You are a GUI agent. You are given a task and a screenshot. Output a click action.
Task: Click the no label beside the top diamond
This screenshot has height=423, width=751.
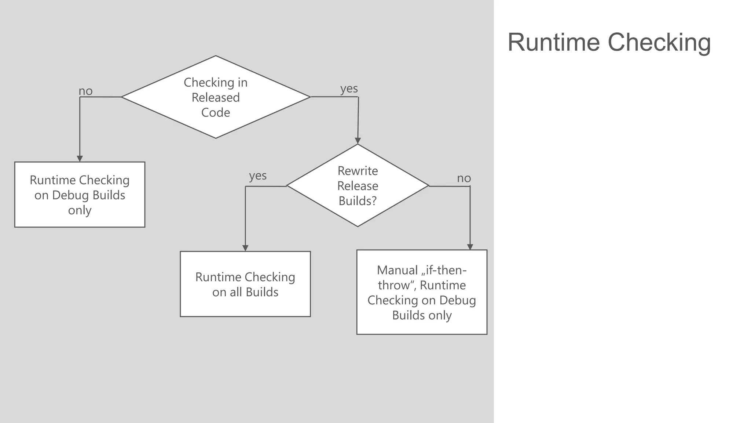[x=86, y=91]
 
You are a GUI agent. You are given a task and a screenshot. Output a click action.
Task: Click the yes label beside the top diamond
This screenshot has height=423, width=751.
[x=349, y=88]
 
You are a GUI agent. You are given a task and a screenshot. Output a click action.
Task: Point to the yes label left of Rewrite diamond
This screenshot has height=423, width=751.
[x=258, y=176]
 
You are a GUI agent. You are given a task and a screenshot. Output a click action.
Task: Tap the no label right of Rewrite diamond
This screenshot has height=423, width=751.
[x=464, y=178]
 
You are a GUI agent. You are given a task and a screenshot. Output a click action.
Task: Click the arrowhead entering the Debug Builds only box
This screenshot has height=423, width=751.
[x=80, y=159]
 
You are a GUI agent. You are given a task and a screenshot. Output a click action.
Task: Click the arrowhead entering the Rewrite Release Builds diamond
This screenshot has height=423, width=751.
[x=358, y=141]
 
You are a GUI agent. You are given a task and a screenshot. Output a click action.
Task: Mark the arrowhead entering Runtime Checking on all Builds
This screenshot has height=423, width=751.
[x=245, y=248]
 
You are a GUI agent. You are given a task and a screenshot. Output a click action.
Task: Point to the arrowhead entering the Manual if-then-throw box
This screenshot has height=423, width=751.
[x=470, y=247]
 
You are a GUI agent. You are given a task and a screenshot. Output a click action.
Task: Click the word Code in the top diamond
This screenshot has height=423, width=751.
[x=216, y=112]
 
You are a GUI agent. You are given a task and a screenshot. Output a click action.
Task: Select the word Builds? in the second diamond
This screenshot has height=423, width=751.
[x=358, y=201]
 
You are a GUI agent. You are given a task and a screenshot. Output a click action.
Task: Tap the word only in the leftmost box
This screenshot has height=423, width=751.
[x=80, y=210]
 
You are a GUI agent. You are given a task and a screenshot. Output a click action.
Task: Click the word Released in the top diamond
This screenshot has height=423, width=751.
[x=216, y=97]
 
